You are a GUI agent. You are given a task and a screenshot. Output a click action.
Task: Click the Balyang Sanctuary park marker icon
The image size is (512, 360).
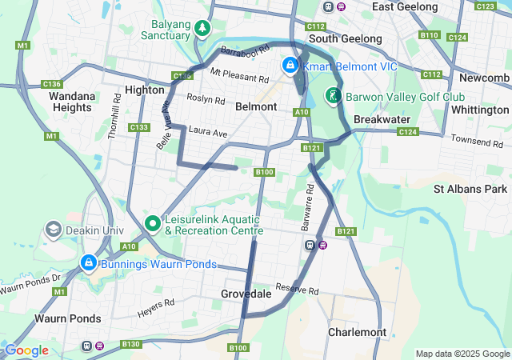pyautogui.click(x=203, y=30)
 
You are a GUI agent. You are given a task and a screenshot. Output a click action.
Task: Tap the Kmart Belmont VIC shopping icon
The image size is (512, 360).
pyautogui.click(x=289, y=66)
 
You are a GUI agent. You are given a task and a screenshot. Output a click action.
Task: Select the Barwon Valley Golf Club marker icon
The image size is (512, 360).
pyautogui.click(x=332, y=97)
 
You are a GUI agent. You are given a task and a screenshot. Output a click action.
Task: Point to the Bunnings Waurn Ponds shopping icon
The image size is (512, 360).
pyautogui.click(x=87, y=262)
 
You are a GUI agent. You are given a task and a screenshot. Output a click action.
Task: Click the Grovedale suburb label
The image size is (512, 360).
pyautogui.click(x=246, y=294)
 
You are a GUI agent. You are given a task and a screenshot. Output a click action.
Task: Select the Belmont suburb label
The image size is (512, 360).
pyautogui.click(x=256, y=106)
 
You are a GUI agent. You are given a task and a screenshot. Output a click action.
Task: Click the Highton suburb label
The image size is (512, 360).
pyautogui.click(x=144, y=90)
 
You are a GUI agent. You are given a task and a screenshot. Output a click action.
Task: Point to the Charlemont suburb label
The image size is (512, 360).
pyautogui.click(x=358, y=332)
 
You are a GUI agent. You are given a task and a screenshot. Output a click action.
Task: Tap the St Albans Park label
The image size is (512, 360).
pyautogui.click(x=470, y=190)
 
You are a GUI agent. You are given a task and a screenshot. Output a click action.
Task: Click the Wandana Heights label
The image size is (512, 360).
pyautogui.click(x=71, y=102)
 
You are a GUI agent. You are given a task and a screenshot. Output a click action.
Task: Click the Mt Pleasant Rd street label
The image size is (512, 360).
pyautogui.click(x=239, y=76)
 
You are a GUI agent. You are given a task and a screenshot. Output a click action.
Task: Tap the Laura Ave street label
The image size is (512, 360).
pyautogui.click(x=208, y=131)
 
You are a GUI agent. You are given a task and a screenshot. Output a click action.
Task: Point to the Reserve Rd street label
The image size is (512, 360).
pyautogui.click(x=297, y=290)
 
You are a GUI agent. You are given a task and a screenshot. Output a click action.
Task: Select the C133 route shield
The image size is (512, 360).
pyautogui.click(x=139, y=127)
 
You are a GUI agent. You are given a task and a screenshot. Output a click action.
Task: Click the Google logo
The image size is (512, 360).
pyautogui.click(x=26, y=350)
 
